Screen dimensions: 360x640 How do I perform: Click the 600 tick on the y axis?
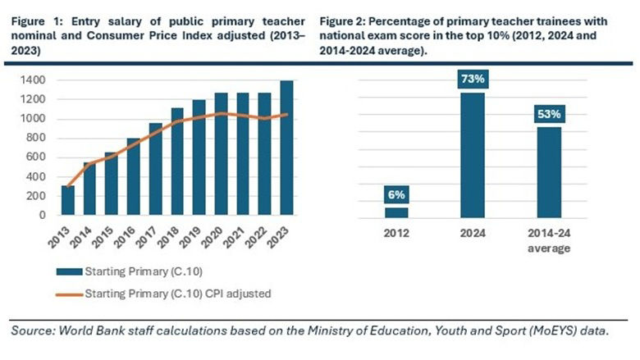[37, 157]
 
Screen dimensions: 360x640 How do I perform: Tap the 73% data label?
[473, 80]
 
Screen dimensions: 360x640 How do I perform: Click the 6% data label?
[396, 195]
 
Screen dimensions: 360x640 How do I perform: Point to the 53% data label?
[549, 114]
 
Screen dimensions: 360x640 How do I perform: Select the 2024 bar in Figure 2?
[473, 155]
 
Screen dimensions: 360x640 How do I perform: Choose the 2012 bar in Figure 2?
[396, 212]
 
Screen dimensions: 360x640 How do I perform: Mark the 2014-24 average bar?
[549, 172]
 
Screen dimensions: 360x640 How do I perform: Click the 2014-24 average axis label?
[549, 241]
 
